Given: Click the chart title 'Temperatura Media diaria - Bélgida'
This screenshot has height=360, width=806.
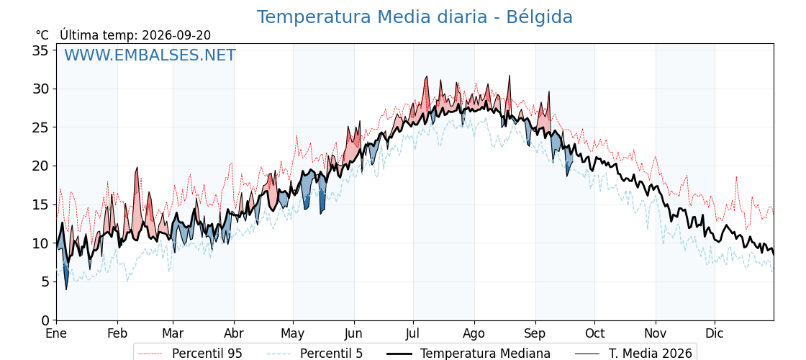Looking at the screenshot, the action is pos(415,17).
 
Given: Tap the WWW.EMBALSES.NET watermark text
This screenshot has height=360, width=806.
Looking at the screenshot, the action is pos(150,55).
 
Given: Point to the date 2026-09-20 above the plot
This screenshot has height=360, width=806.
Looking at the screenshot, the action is pos(176,35).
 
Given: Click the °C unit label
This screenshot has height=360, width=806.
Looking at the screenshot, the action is pos(42,35).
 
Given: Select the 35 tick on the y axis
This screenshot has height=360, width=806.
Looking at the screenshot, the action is pos(41,50).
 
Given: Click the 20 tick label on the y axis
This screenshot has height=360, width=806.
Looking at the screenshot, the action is pos(41,166).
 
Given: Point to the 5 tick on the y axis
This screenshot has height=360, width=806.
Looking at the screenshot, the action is pos(45,282).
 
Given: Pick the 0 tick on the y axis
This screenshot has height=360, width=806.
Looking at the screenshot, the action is pos(45,320).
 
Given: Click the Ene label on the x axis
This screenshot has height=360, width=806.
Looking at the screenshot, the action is pos(57,333).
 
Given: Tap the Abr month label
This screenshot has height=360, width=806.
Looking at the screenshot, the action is pos(234,333).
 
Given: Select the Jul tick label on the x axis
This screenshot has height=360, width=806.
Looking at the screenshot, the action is pos(413,333).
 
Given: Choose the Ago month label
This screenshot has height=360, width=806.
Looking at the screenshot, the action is pos(474,333).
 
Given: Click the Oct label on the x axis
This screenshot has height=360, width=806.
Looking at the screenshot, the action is pos(594,333).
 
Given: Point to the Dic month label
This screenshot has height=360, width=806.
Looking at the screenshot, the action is pos(715,333).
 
